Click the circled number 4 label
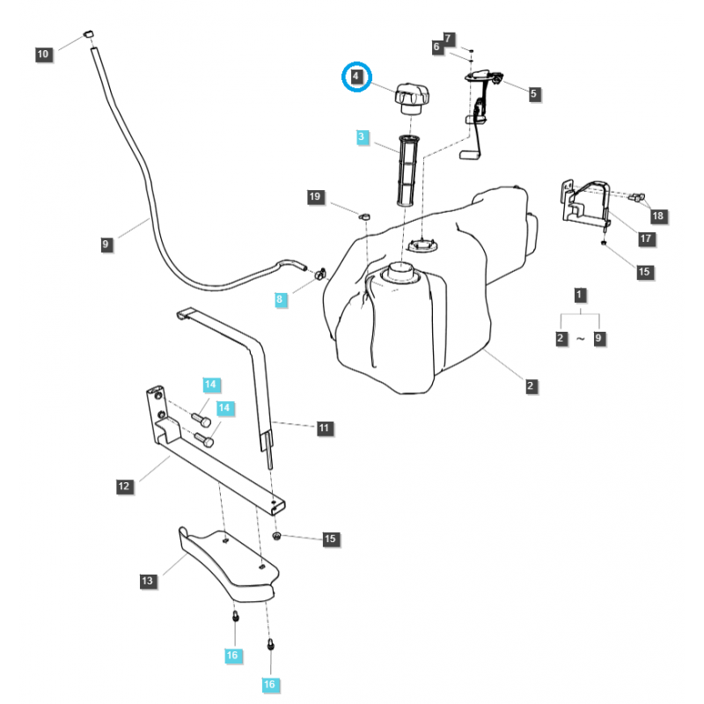(356, 77)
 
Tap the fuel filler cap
(410, 97)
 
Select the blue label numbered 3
(363, 137)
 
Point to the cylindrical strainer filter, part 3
(407, 171)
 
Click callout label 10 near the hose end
(43, 55)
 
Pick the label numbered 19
(314, 197)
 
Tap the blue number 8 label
(281, 299)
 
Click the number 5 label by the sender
(534, 92)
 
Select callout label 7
(449, 39)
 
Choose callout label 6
(436, 48)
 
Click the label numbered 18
(657, 215)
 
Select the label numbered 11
(324, 428)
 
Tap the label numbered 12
(123, 485)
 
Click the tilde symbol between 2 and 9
(579, 337)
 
